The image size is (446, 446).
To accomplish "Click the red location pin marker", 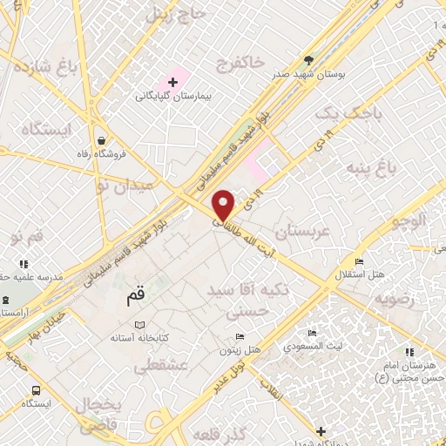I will pos(224,206).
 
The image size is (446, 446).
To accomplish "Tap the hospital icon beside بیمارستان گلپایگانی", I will pos(172,83).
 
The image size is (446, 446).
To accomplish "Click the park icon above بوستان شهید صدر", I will pos(309,60).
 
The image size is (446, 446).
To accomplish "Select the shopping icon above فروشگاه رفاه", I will pos(104,139).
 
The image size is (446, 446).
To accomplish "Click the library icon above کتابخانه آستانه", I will pos(128,324).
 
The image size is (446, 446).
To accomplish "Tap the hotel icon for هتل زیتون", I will pos(240,337).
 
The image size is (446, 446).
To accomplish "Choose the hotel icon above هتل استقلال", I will pos(359,261).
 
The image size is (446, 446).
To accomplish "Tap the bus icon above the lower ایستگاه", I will pos(36,390).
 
